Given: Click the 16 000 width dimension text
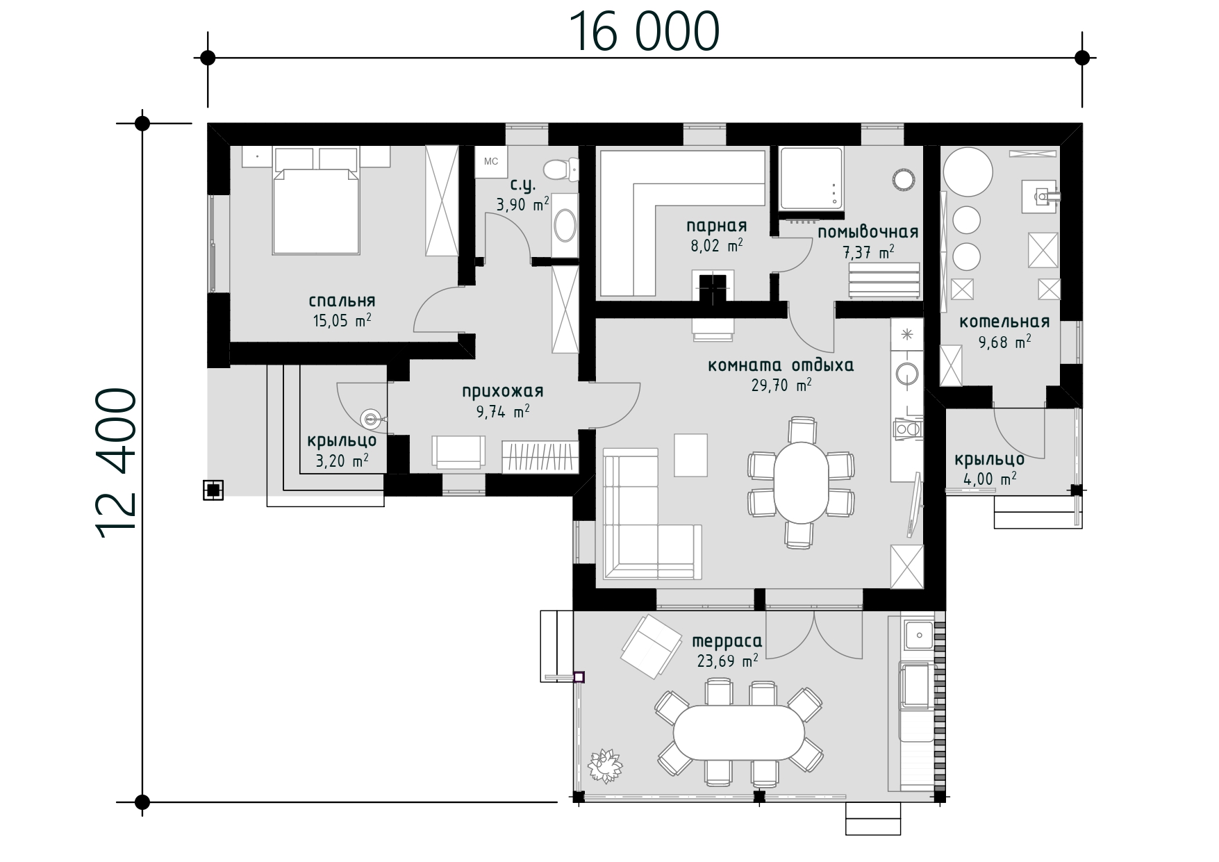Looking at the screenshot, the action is [x=644, y=32].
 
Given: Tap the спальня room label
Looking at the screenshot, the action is [x=342, y=301].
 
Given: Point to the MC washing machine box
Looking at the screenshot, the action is [x=491, y=162].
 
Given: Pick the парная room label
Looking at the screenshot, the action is [x=717, y=226].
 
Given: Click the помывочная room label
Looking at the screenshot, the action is [x=868, y=232].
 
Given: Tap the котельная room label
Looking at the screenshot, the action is [x=1004, y=322].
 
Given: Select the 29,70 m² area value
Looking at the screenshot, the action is [x=781, y=386].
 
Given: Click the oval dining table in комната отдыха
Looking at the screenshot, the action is [x=801, y=483].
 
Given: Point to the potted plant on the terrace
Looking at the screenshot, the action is [x=606, y=765].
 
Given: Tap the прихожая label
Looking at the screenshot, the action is [x=503, y=391].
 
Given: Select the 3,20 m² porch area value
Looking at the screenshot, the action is [x=342, y=461].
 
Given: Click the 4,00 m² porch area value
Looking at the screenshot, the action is [x=990, y=479].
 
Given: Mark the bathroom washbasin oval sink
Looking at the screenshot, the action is [x=566, y=226].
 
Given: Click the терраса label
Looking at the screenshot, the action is [x=727, y=641].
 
